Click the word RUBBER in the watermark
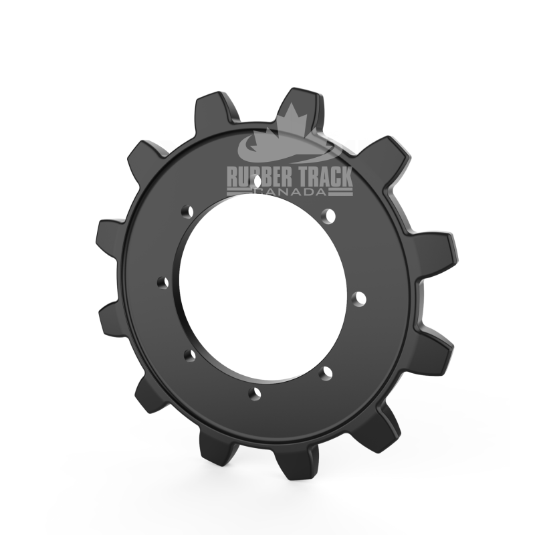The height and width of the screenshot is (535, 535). coord(259,177)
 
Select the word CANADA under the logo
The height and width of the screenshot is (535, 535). coord(290,192)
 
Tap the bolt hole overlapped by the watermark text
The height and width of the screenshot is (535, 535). coord(258,180)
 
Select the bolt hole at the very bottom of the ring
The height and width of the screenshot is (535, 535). coord(257,393)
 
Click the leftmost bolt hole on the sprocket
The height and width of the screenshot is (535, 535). coord(163,282)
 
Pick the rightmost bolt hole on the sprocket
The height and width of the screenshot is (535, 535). coord(359,299)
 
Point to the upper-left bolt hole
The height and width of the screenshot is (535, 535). coord(187,211)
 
